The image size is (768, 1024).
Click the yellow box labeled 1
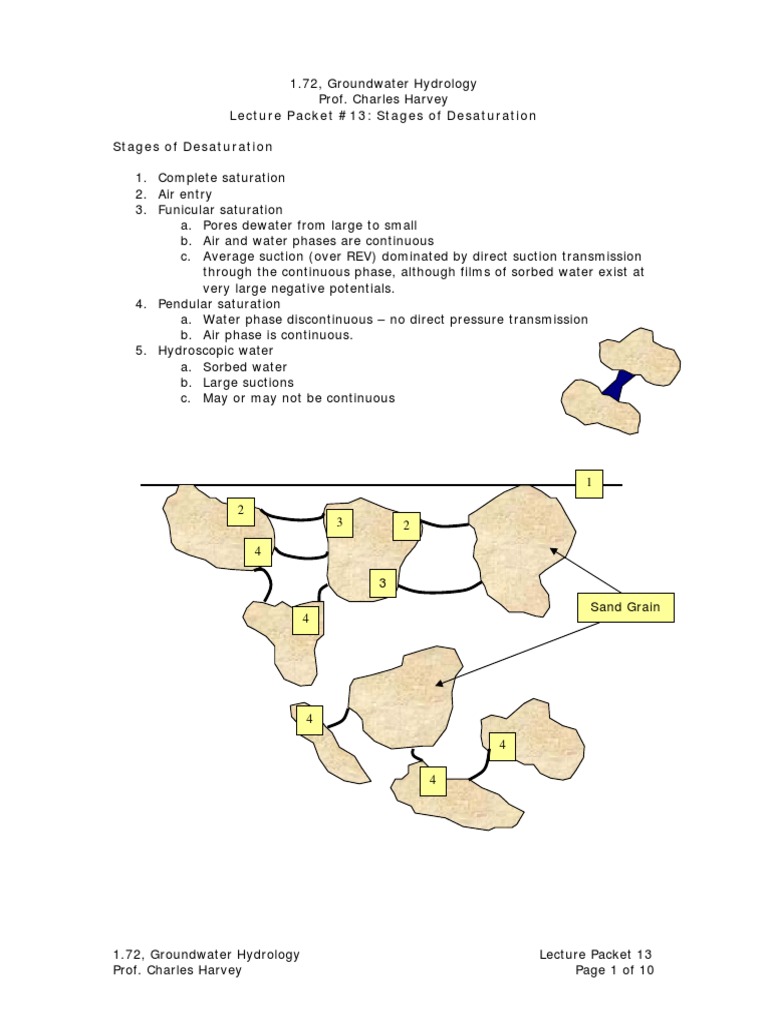(x=589, y=482)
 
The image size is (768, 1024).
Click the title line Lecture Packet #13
(x=383, y=116)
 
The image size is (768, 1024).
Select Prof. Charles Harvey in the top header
(x=383, y=100)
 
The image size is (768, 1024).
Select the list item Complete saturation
(x=221, y=178)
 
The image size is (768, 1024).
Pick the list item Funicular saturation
(x=220, y=210)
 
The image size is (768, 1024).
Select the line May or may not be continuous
(x=298, y=398)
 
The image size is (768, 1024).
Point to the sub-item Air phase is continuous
(x=277, y=335)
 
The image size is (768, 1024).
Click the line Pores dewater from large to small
(x=310, y=225)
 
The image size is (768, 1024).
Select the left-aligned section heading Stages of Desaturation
(x=192, y=146)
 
